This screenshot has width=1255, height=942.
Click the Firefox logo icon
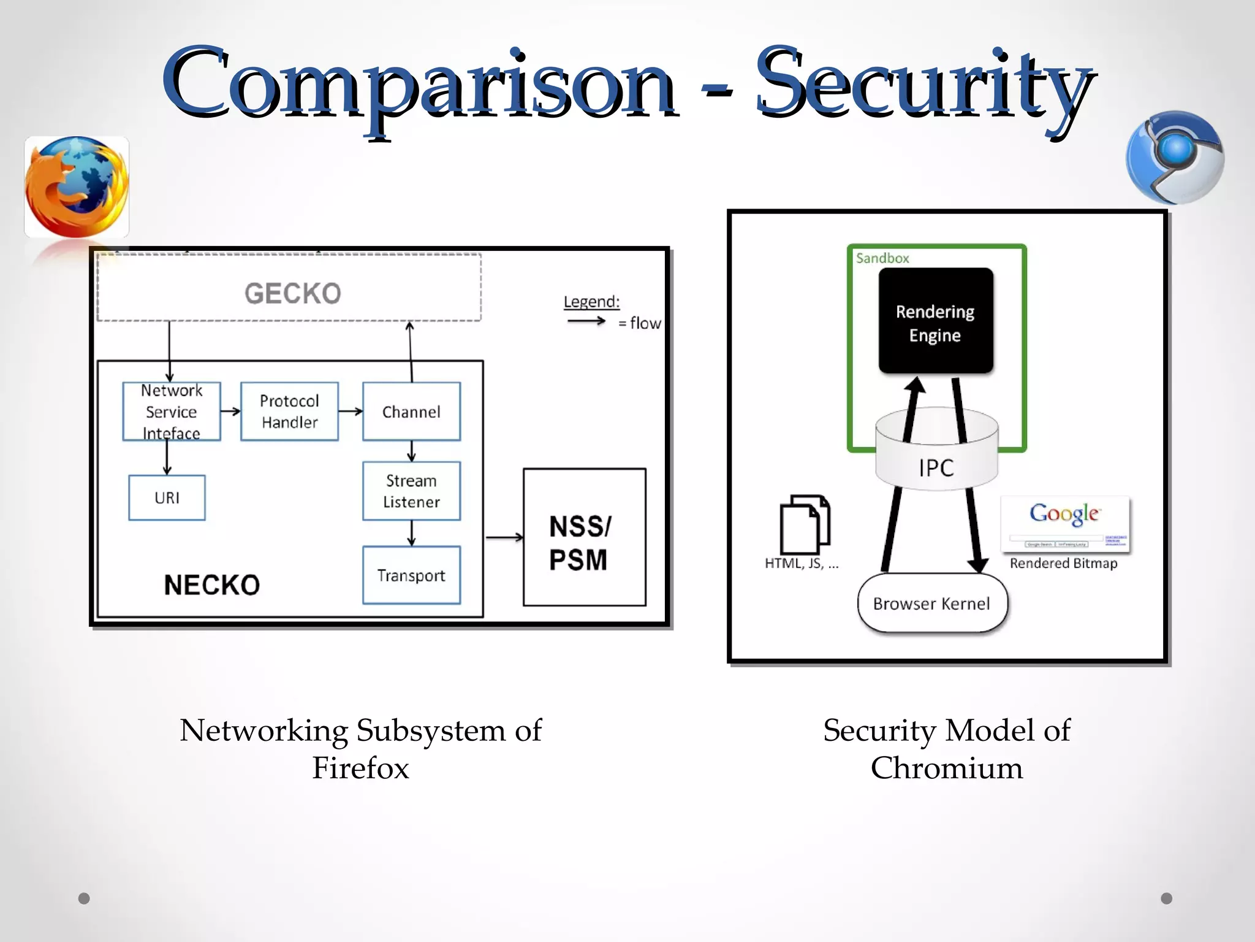pyautogui.click(x=77, y=186)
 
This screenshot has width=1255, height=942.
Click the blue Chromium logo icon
pyautogui.click(x=1174, y=158)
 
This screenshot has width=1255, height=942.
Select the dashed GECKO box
pyautogui.click(x=289, y=288)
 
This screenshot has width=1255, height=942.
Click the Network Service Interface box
pyautogui.click(x=172, y=412)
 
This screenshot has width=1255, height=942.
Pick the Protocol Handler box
pyautogui.click(x=289, y=412)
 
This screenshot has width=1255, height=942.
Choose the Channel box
pyautogui.click(x=411, y=412)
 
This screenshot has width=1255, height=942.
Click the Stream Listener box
pyautogui.click(x=411, y=491)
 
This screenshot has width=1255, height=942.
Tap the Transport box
pyautogui.click(x=411, y=575)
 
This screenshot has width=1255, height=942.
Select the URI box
pyautogui.click(x=167, y=498)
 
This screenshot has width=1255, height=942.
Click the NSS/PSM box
pyautogui.click(x=584, y=538)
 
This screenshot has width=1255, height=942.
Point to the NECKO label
pyautogui.click(x=211, y=585)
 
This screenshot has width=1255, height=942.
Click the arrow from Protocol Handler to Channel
pyautogui.click(x=351, y=412)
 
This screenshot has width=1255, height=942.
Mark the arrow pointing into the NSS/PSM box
pyautogui.click(x=504, y=538)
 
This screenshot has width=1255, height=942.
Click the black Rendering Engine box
pyautogui.click(x=935, y=321)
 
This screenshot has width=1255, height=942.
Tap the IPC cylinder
pyautogui.click(x=936, y=454)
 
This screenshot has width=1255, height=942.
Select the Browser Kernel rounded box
pyautogui.click(x=931, y=603)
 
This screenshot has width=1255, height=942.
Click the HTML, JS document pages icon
pyautogui.click(x=805, y=524)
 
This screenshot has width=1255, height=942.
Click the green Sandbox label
pyautogui.click(x=882, y=258)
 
